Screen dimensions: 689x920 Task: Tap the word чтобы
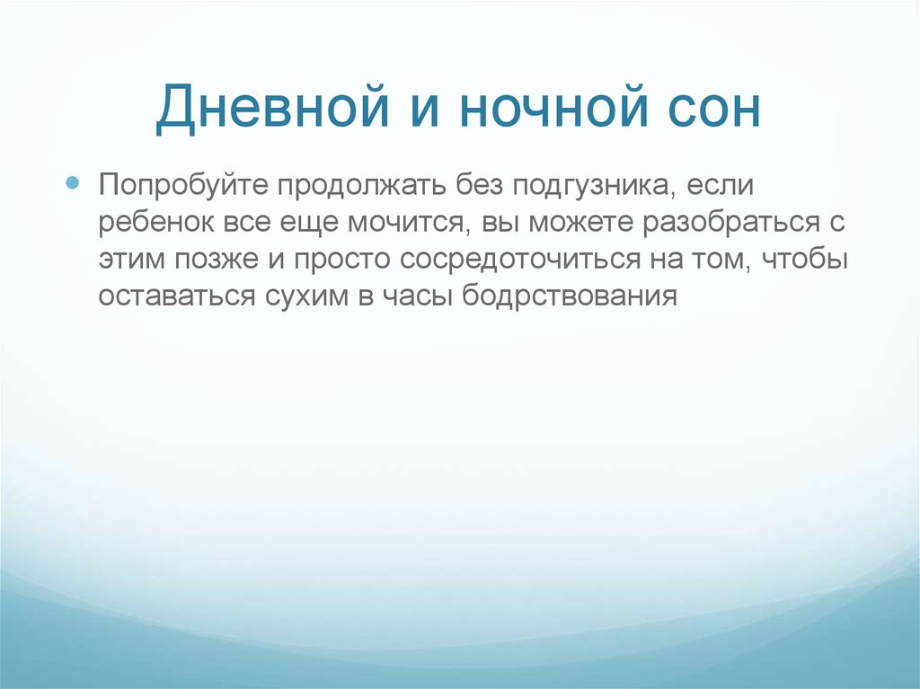pyautogui.click(x=803, y=260)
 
